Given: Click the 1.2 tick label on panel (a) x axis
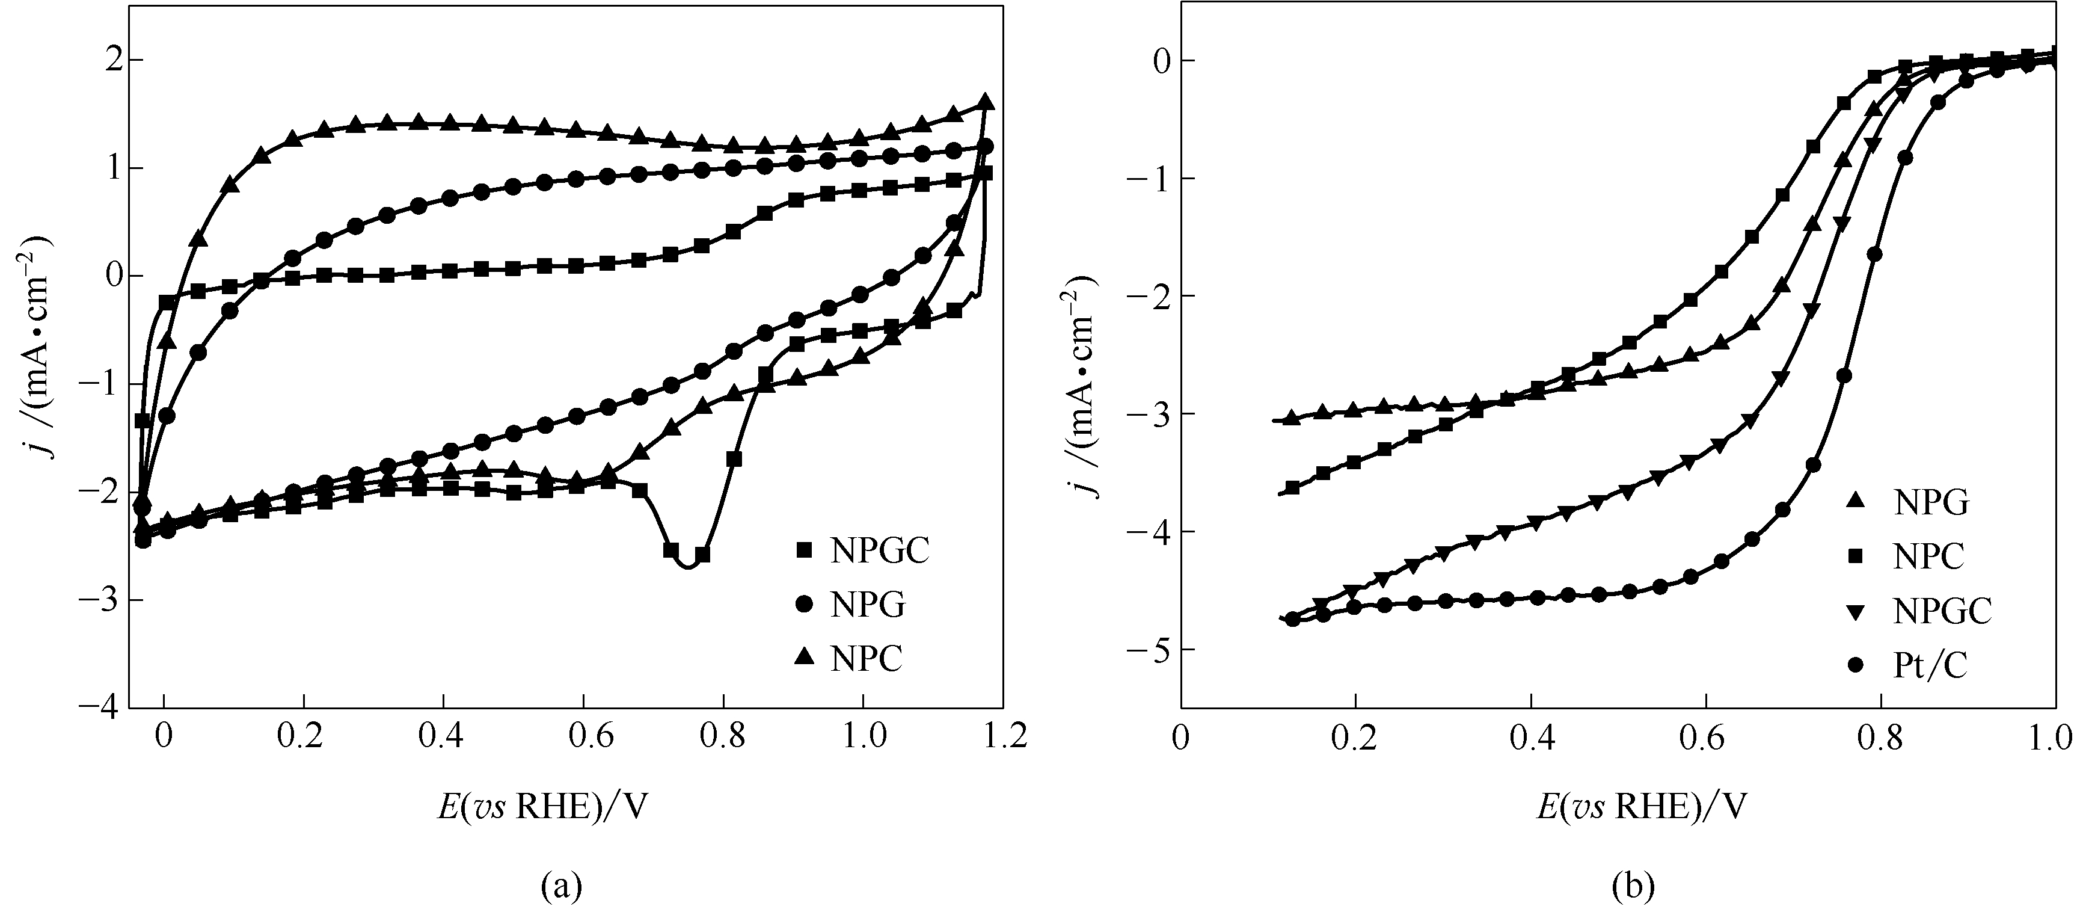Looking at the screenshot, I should point(1002,736).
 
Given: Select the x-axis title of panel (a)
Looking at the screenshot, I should point(542,806).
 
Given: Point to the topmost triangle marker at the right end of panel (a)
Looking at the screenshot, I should point(985,102).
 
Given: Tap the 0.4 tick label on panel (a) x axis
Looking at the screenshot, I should point(443,736).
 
